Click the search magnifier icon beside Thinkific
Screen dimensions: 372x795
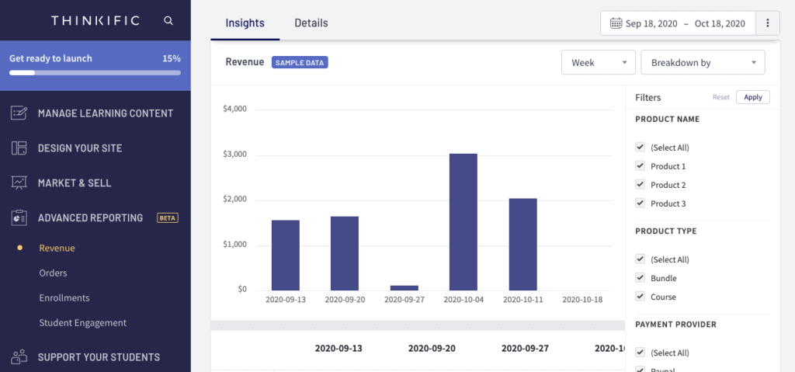pos(168,21)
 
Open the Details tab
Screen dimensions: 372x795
pos(311,23)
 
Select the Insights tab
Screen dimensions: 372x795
pos(245,23)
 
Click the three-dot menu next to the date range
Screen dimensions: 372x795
pos(768,23)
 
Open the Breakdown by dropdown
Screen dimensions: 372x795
pos(703,63)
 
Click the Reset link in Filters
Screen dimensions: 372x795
pos(721,98)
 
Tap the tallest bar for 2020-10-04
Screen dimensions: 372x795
pos(463,221)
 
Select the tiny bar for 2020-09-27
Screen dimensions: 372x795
pos(404,287)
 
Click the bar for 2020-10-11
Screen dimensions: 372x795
pos(523,244)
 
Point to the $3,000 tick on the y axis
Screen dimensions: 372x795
pos(234,155)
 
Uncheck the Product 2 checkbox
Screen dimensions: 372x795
pos(641,185)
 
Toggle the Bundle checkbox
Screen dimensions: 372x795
pos(641,278)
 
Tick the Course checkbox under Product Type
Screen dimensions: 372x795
pos(641,297)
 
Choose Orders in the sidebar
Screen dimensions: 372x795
pos(53,273)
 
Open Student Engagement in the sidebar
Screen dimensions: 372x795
pos(82,323)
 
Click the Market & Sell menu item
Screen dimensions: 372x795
pos(74,183)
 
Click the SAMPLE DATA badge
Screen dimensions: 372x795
pos(300,62)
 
